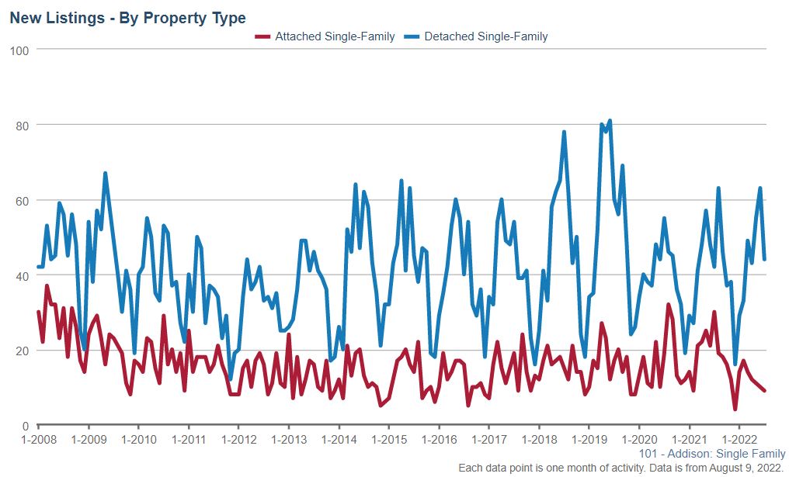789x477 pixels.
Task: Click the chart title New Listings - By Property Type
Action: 127,18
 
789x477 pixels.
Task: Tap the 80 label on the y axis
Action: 22,125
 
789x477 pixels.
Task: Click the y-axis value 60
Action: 22,200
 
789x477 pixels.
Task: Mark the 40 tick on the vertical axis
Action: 22,275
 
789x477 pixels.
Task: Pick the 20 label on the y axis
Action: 22,351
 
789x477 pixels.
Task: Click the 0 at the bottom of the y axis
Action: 25,426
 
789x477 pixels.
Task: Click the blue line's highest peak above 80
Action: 610,121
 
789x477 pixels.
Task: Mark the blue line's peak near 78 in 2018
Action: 564,132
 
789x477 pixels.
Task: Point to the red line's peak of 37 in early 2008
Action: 47,286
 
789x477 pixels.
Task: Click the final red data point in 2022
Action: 765,391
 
